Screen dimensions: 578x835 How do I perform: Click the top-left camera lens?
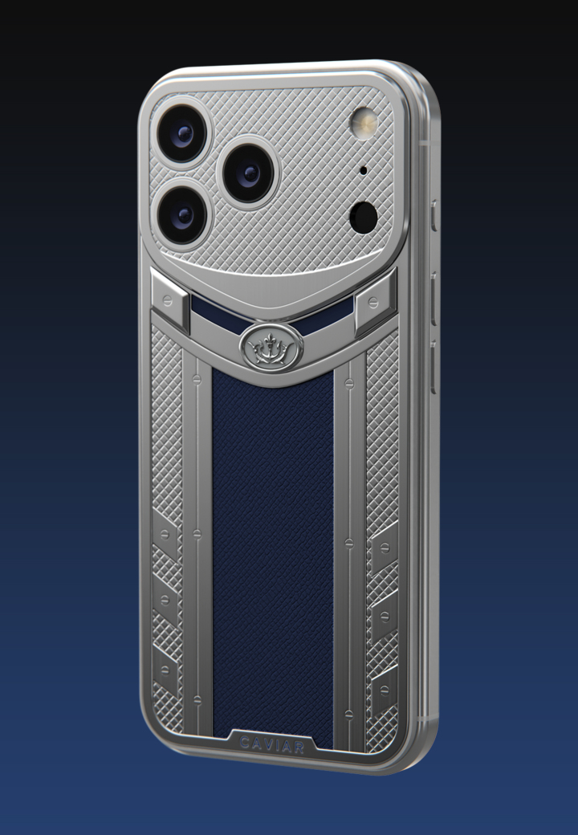(x=182, y=133)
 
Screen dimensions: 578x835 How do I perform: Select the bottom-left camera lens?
(x=182, y=215)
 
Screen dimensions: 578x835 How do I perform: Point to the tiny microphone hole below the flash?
(x=363, y=171)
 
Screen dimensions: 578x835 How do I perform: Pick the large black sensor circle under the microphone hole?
(x=364, y=218)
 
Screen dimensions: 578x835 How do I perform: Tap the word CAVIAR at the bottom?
(x=272, y=745)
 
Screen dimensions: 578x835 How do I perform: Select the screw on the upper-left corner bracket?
(x=167, y=301)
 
